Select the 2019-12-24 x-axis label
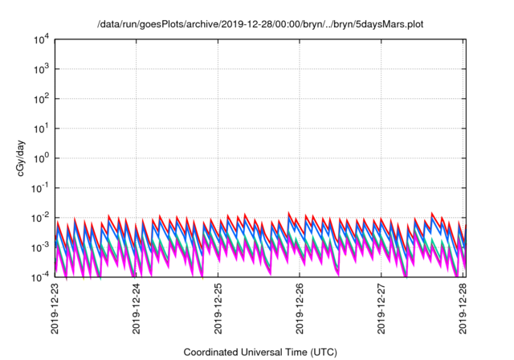(137, 309)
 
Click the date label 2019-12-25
(219, 309)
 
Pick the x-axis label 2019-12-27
(383, 309)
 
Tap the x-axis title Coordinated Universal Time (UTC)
(260, 352)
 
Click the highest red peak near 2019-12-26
(290, 214)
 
